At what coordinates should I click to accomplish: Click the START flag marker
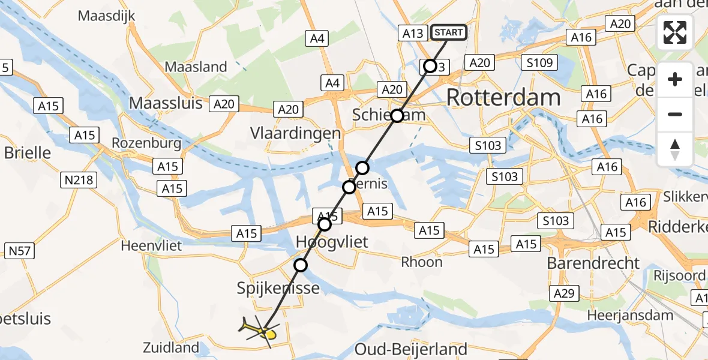click(449, 32)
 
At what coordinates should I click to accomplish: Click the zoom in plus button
click(675, 79)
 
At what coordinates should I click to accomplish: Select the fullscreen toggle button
click(675, 33)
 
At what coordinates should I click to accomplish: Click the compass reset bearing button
click(675, 149)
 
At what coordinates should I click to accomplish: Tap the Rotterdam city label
click(503, 97)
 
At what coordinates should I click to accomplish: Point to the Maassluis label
click(166, 103)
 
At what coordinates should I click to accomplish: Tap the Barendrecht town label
click(593, 263)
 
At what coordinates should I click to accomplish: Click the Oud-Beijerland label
click(411, 349)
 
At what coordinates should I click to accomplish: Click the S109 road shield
click(540, 62)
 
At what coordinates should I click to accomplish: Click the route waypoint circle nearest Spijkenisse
click(301, 265)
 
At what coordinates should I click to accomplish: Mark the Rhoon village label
click(422, 262)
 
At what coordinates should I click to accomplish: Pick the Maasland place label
click(196, 67)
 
